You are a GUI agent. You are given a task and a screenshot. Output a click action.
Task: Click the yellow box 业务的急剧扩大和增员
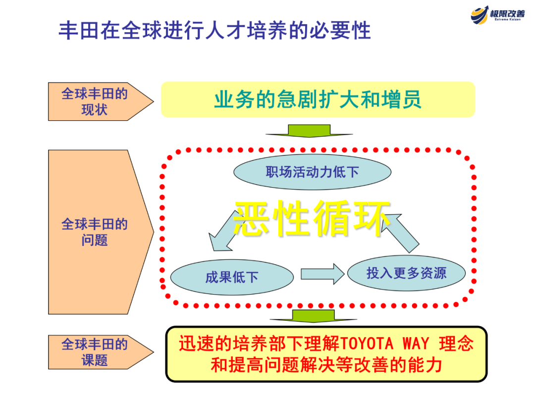318,100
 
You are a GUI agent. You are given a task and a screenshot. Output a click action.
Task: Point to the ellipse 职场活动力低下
312,172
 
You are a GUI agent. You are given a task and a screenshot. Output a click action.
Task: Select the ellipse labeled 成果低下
232,277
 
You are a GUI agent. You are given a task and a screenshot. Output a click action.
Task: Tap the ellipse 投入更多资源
406,273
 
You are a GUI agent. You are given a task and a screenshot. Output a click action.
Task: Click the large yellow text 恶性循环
312,218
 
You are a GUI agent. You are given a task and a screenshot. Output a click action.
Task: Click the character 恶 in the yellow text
253,218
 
